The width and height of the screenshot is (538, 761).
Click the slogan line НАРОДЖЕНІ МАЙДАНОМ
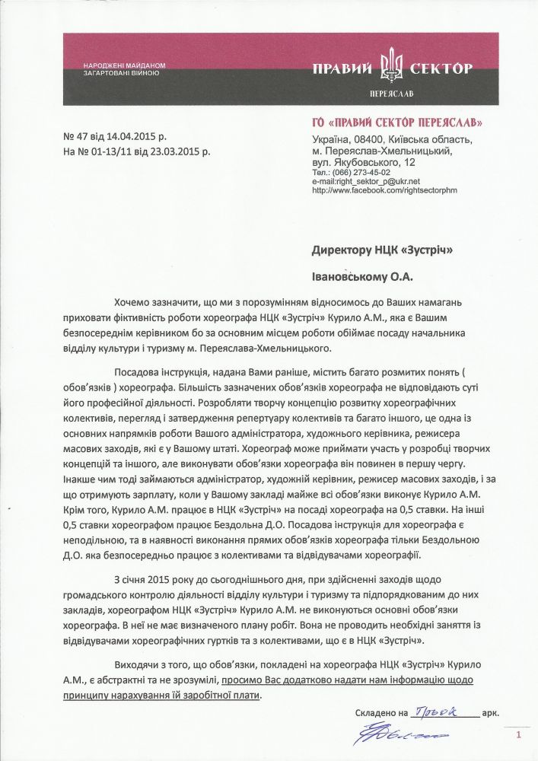[x=122, y=66]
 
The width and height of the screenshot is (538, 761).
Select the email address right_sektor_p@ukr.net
[x=377, y=182]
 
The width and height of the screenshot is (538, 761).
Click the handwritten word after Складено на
[x=443, y=712]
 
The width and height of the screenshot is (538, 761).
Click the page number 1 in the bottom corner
[x=518, y=735]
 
